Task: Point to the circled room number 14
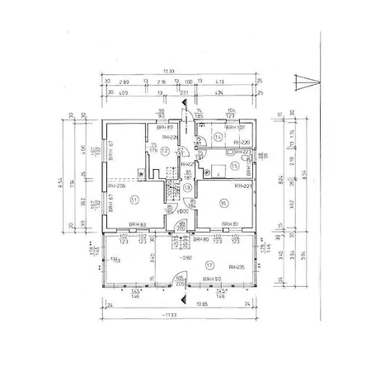217,136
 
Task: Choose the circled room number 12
165,151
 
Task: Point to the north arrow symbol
302,81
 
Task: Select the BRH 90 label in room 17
211,279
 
